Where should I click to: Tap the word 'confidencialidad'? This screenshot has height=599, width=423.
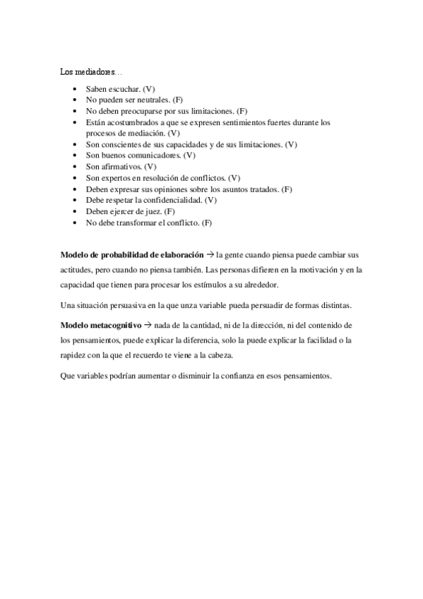click(x=182, y=200)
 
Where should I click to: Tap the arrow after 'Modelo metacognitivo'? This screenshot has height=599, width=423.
click(x=148, y=324)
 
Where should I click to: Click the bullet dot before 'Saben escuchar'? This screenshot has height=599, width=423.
click(x=76, y=90)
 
